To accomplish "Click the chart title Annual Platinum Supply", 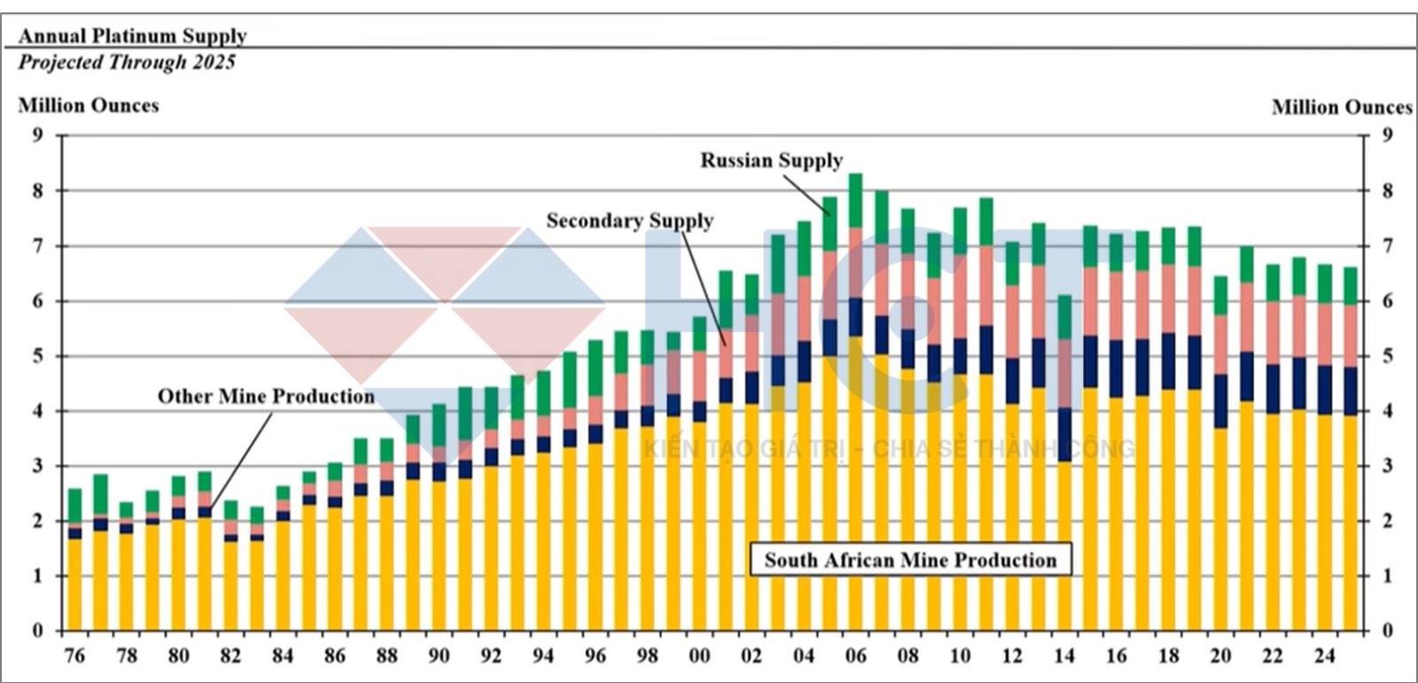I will (132, 36).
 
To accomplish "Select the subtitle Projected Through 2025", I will (127, 62).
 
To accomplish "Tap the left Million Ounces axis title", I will (89, 105).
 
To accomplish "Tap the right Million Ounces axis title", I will (1341, 107).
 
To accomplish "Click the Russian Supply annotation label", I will (771, 160).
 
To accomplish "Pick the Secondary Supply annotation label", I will (629, 221).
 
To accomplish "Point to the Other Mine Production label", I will (266, 396).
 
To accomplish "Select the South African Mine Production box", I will (910, 560).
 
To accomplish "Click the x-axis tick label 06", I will (855, 656).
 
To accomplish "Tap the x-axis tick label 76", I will (74, 656).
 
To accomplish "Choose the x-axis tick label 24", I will (1324, 656).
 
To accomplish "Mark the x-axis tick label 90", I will (439, 656).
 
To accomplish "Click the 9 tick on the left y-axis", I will (37, 136).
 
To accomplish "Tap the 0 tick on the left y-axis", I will (37, 631).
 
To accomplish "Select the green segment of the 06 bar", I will (855, 200).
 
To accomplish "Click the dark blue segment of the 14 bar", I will (1063, 434).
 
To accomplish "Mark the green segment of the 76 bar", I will (74, 505).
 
